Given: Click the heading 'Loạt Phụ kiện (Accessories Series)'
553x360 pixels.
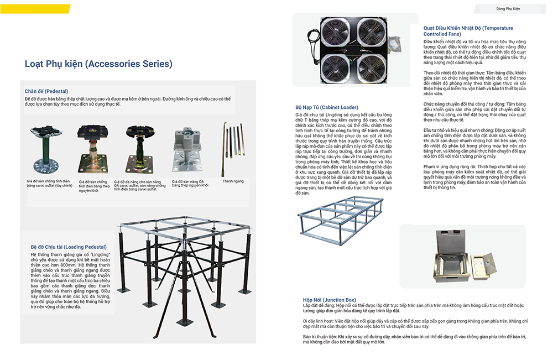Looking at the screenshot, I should click(98, 64).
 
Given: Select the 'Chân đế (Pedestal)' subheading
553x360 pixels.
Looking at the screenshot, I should click(46, 91).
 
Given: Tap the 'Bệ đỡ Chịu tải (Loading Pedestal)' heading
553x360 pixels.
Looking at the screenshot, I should click(69, 247).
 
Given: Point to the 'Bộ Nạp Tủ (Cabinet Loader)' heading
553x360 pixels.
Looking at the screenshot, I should click(327, 107).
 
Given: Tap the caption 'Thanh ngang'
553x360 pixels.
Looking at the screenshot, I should click(233, 181).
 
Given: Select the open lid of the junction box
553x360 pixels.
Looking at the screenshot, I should click(486, 256).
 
